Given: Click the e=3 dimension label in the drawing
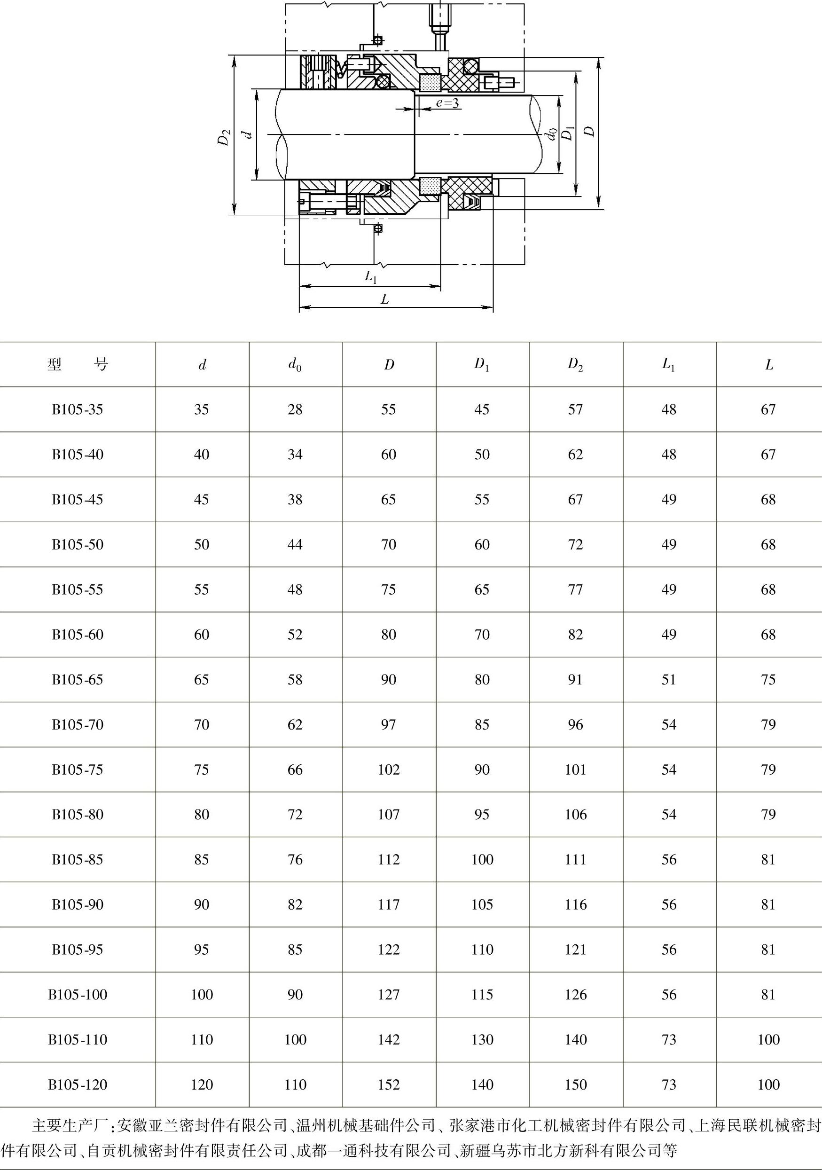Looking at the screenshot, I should click(447, 103).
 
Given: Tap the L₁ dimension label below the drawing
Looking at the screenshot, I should click(370, 277).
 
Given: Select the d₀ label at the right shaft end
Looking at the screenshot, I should click(550, 134).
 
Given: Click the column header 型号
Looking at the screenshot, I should click(78, 364).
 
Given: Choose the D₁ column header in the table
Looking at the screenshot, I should click(482, 364).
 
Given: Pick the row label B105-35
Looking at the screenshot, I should click(78, 409).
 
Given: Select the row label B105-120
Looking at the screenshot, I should click(78, 1084).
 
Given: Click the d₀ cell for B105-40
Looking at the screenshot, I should click(295, 455).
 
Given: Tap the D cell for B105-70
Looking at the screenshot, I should click(388, 725).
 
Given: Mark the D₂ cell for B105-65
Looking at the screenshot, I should click(575, 679).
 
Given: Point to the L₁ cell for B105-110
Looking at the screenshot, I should click(669, 1039).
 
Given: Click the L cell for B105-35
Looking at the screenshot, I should click(768, 409).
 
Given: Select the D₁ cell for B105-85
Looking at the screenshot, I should click(482, 860).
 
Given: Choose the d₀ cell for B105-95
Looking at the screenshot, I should click(295, 950).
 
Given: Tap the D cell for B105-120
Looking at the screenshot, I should click(388, 1084).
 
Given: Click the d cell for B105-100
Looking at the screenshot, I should click(202, 994).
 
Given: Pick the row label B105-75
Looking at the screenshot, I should click(78, 770).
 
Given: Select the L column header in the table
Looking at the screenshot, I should click(769, 365).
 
